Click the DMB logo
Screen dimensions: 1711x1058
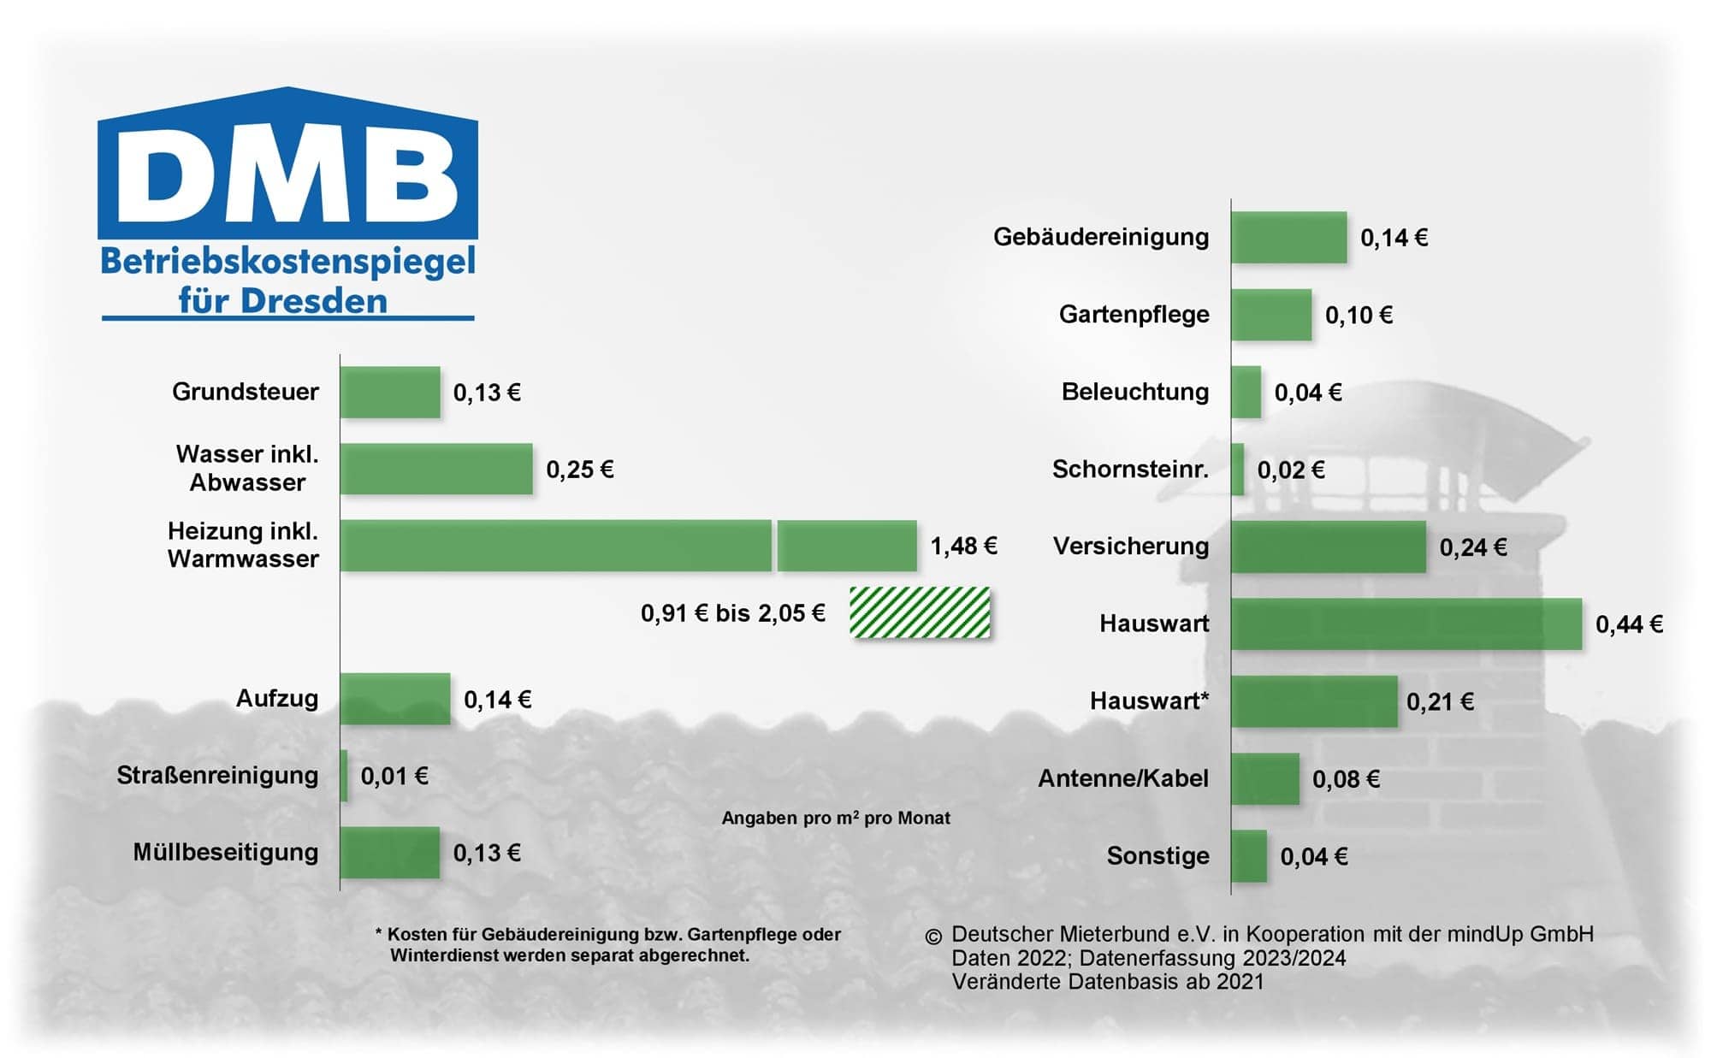tap(287, 204)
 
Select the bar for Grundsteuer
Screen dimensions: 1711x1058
tap(390, 393)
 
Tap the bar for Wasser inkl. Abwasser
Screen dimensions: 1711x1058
tap(436, 469)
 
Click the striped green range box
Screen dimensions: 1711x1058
tap(920, 612)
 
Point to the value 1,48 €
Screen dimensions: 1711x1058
tap(963, 546)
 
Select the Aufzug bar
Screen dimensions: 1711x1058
tap(395, 699)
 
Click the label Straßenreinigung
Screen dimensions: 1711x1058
tap(217, 776)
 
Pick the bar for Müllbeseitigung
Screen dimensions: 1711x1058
tap(390, 853)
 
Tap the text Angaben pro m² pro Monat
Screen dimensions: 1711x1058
tap(836, 818)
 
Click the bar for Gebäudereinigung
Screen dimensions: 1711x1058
tap(1289, 237)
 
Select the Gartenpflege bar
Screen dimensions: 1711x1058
tap(1271, 315)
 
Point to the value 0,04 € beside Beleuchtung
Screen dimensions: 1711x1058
tap(1308, 393)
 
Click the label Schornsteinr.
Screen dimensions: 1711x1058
tap(1130, 470)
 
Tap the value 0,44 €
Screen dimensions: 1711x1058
tap(1629, 624)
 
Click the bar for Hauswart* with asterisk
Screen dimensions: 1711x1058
tap(1315, 701)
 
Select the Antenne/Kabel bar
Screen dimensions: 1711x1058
tap(1265, 779)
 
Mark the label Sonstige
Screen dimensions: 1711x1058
tap(1157, 856)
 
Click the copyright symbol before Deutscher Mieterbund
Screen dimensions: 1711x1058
tap(933, 937)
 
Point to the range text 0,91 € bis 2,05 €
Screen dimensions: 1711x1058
tap(733, 613)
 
